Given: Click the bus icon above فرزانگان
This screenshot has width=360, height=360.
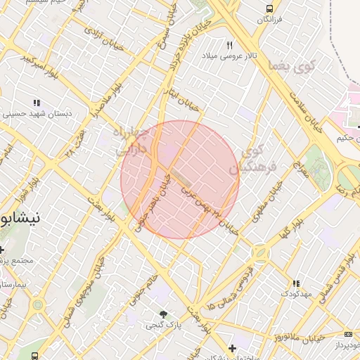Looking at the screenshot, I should [269, 8].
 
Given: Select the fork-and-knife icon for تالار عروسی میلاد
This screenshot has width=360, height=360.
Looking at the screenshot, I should [230, 44].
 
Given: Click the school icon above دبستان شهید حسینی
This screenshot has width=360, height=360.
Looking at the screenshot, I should [37, 103].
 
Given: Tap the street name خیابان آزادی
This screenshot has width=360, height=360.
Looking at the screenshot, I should [99, 35].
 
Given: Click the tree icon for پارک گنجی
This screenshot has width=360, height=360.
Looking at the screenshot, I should [164, 314].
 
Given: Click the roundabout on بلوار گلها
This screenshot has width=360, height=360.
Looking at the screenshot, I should [260, 252].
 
